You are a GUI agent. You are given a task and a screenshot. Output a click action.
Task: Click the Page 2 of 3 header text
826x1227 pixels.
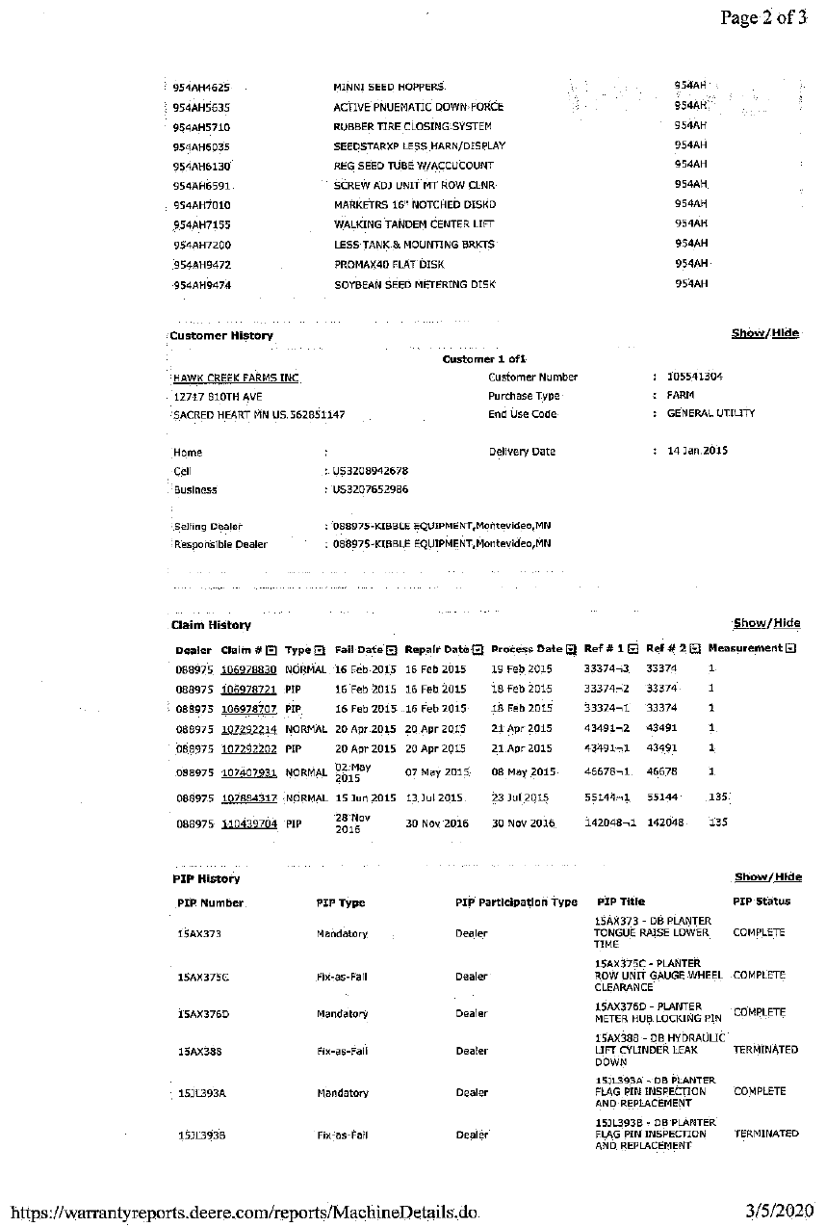762,18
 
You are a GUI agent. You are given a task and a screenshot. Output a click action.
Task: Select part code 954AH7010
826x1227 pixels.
201,205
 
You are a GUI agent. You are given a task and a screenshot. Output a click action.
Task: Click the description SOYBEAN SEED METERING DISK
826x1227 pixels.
414,285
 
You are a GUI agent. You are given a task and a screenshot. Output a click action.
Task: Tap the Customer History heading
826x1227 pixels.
220,336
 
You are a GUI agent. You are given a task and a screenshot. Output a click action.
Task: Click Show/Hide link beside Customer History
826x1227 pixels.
764,333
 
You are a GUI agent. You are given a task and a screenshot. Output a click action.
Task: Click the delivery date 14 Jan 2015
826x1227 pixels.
697,451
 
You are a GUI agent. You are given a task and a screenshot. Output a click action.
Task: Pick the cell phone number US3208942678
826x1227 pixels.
370,471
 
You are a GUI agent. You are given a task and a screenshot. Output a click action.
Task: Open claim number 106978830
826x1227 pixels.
248,669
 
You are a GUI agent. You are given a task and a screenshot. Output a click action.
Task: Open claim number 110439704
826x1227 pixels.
248,824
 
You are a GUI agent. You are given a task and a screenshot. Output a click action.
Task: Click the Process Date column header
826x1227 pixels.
527,649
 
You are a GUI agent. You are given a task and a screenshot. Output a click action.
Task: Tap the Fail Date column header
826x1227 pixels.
358,650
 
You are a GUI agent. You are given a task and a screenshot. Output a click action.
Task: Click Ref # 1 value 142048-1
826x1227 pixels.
607,823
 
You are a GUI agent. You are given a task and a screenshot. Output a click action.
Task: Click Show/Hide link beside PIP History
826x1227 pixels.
767,877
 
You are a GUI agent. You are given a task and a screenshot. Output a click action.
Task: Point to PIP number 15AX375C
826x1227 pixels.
203,978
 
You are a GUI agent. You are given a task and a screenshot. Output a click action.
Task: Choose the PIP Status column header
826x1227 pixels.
761,902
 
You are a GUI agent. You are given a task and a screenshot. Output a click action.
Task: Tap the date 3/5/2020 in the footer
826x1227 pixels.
779,1211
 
